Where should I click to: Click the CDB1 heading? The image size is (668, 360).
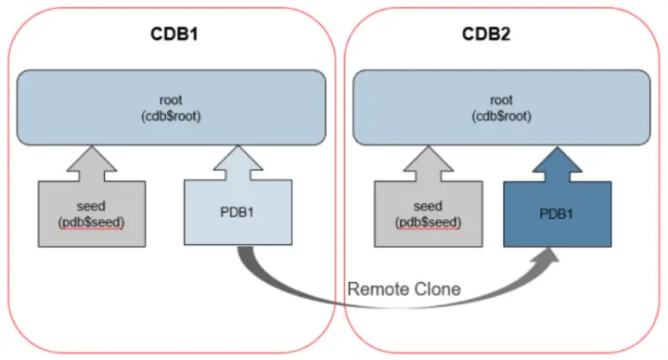[x=175, y=34]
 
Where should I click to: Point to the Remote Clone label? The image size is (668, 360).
[x=404, y=289]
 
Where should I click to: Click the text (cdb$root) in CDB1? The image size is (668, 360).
[x=175, y=116]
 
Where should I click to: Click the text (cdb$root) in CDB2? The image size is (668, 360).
[x=502, y=116]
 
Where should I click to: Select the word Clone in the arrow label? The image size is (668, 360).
[x=436, y=289]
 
